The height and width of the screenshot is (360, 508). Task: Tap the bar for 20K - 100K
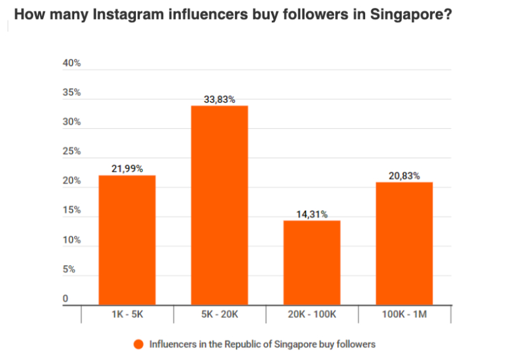[311, 262]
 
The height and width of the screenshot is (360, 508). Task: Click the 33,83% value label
[219, 99]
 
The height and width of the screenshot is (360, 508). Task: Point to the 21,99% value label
[126, 168]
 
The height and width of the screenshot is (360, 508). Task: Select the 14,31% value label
[311, 214]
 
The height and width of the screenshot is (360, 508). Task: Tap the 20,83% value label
[404, 176]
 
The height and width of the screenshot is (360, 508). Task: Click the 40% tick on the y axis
[72, 63]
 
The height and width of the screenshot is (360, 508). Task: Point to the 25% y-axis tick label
[72, 151]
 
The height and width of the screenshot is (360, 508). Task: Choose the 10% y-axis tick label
[72, 240]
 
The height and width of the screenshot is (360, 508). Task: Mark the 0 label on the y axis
[65, 299]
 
